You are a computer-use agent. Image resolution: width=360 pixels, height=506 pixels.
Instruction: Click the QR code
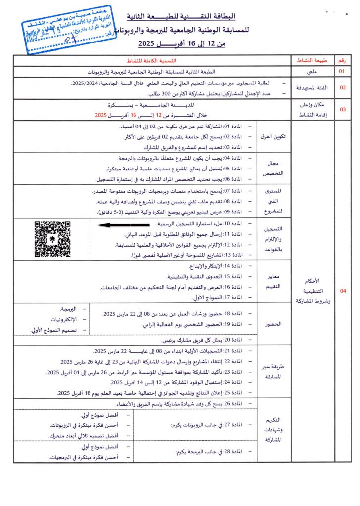point(52,240)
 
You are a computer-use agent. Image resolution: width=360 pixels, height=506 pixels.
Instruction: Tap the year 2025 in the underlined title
point(147,44)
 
